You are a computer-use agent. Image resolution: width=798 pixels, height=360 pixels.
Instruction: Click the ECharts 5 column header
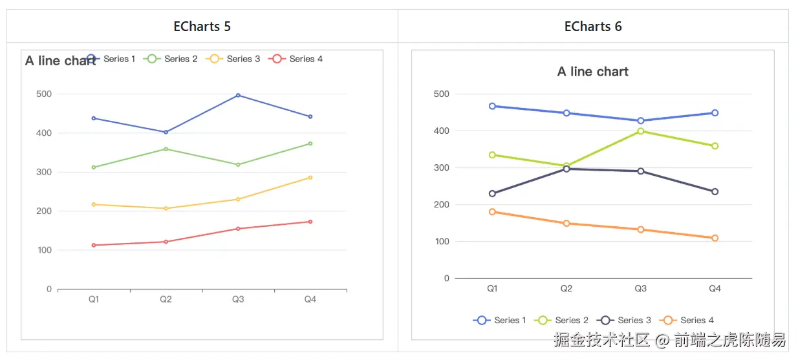coord(202,26)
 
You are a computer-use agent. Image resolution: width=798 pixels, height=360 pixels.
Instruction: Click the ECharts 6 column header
coord(593,26)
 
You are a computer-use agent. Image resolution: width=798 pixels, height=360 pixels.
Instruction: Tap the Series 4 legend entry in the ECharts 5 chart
coord(297,59)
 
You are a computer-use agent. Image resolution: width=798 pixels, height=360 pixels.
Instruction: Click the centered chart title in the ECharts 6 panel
coord(593,72)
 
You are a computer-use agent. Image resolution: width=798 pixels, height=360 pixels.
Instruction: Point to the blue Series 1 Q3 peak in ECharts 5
coord(238,95)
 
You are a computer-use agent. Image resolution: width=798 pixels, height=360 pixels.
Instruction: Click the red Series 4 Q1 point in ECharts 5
coord(94,245)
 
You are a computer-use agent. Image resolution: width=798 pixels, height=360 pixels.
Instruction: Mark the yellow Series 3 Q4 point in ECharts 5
coord(310,177)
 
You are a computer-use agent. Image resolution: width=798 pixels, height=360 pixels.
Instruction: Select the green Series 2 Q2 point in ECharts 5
coord(166,149)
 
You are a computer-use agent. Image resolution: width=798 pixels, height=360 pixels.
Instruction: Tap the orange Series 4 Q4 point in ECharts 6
coord(715,238)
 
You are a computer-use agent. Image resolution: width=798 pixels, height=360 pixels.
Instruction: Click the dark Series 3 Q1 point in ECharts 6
coord(492,193)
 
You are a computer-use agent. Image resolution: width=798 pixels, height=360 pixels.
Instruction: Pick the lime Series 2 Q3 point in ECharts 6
coord(640,131)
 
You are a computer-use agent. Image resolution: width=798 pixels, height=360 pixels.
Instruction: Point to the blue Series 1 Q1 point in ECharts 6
coord(492,106)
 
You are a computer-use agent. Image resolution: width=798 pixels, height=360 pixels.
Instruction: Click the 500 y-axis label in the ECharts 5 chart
coord(44,94)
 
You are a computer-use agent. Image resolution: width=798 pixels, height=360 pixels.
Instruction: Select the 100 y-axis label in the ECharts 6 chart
coord(442,242)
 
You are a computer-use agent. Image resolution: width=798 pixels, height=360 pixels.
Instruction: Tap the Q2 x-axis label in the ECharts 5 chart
coord(166,299)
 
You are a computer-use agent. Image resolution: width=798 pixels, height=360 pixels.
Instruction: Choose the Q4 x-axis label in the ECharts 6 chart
coord(715,289)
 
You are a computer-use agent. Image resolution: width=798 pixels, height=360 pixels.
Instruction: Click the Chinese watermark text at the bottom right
coord(669,340)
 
